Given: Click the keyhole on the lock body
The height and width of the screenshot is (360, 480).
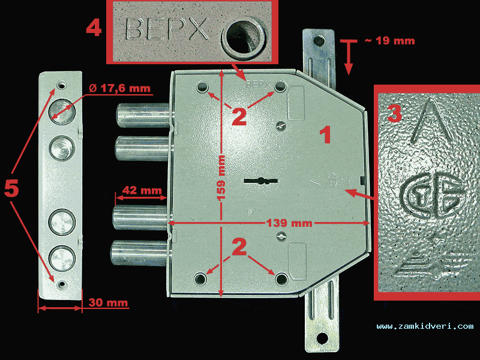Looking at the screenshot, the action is (x=261, y=181).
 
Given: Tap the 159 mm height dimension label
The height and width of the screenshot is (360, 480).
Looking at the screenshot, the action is (x=220, y=178).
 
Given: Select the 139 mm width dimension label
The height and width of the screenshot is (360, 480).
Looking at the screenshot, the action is (x=289, y=223).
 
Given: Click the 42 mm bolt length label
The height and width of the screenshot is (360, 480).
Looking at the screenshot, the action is (x=142, y=190).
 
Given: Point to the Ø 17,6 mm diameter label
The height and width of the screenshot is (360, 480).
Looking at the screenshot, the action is (x=119, y=88).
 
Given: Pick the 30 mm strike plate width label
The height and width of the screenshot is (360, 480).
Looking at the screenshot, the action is (x=108, y=302).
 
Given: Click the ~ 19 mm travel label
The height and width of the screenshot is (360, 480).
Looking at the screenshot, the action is (x=390, y=41).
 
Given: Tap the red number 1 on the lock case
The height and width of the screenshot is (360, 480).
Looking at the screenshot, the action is (x=325, y=136).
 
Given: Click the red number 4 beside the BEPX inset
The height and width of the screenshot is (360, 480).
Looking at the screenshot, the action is (x=94, y=29).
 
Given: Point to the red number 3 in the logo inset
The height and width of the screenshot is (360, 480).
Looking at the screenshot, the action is (x=395, y=113).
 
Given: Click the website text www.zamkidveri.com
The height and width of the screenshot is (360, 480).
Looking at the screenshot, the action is (x=425, y=326).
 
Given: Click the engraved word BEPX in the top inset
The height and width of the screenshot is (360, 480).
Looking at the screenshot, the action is (x=167, y=29).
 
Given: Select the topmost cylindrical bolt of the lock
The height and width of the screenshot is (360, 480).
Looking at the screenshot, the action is (x=143, y=115).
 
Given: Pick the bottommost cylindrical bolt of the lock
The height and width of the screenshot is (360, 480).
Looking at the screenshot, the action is (x=139, y=253).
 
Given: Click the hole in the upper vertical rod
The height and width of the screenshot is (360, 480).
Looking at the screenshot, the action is (x=320, y=40).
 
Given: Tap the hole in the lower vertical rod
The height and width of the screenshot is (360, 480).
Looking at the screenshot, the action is (x=322, y=338).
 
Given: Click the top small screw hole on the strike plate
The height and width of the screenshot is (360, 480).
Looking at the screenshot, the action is (x=62, y=85).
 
